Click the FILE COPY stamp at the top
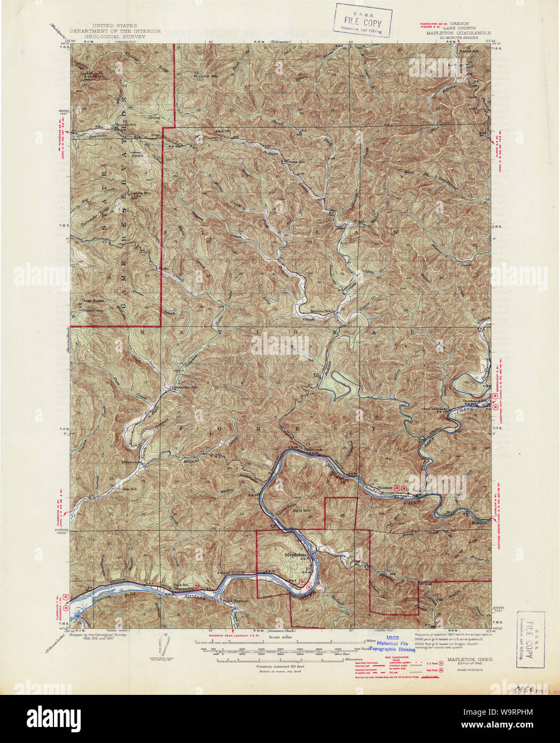[363, 21]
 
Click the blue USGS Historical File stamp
[395, 646]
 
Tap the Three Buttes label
[94, 301]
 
